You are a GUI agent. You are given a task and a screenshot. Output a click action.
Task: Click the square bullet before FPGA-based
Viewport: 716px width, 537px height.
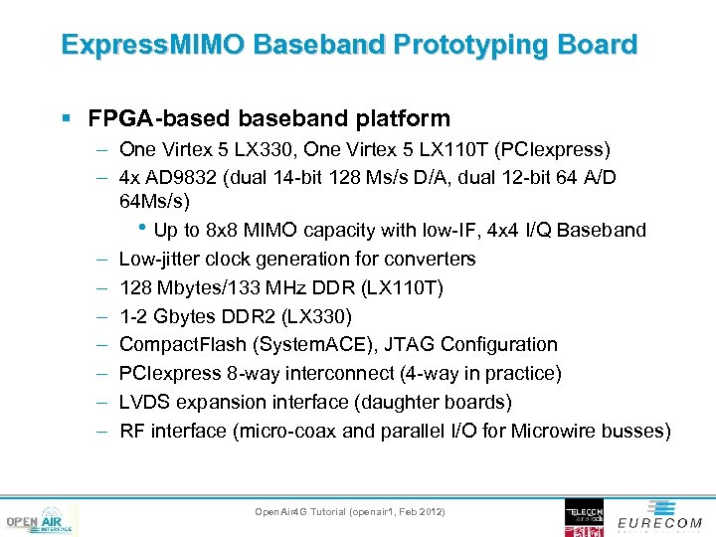click(66, 119)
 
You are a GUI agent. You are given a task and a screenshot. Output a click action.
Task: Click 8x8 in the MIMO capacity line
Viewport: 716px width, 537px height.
click(224, 231)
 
